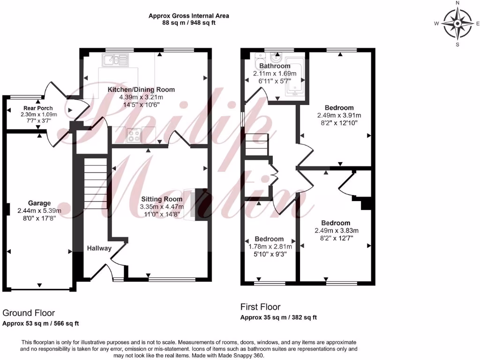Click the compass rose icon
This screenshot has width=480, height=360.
pos(457,23)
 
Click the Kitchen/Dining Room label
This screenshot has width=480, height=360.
pos(141,90)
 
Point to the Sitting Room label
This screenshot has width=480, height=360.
pos(162,199)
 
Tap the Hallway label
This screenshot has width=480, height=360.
pos(99,248)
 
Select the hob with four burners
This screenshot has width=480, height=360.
pos(133,135)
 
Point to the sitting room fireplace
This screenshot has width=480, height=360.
pos(196,203)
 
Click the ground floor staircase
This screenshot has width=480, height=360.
pos(96,183)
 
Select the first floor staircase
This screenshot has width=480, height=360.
pos(256,145)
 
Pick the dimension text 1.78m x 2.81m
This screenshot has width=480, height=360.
pos(269,247)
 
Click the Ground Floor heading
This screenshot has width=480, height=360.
pos(29,313)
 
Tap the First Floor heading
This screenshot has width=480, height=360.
pos(260,307)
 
